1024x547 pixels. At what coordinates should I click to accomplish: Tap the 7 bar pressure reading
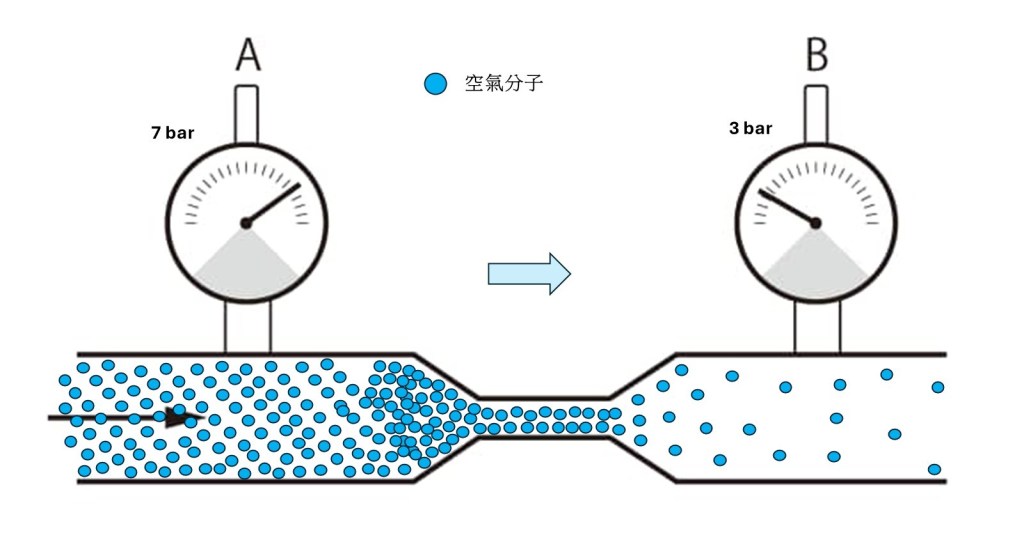173,132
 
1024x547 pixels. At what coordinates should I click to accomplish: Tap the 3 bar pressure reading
751,128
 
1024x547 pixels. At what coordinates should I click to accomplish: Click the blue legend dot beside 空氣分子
435,84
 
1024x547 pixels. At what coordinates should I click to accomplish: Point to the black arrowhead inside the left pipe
181,417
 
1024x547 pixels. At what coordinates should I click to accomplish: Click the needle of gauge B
786,205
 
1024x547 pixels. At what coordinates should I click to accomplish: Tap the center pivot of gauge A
246,222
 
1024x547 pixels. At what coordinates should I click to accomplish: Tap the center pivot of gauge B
815,222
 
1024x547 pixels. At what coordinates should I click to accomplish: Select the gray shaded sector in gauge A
246,262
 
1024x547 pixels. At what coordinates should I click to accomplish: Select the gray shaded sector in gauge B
815,262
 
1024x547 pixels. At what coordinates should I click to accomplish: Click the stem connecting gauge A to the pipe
247,327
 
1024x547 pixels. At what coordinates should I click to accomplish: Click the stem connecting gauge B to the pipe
817,327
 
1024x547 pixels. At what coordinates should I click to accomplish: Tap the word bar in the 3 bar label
759,128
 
